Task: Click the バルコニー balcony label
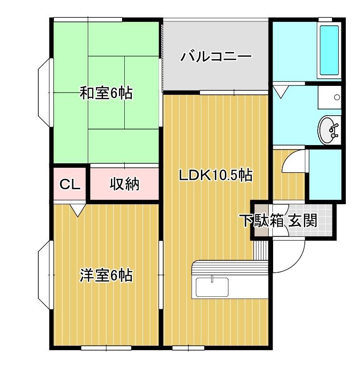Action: click(x=216, y=57)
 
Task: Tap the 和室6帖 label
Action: click(x=106, y=93)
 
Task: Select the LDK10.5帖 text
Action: click(x=216, y=175)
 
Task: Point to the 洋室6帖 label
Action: click(x=106, y=275)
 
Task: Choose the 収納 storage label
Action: click(x=124, y=184)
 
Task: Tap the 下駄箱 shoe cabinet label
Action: click(x=262, y=220)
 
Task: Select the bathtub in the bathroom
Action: click(x=329, y=50)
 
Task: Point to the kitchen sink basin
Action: click(x=213, y=287)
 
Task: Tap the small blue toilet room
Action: click(x=325, y=174)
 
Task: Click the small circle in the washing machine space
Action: click(x=337, y=97)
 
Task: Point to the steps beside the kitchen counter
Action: click(x=259, y=251)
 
